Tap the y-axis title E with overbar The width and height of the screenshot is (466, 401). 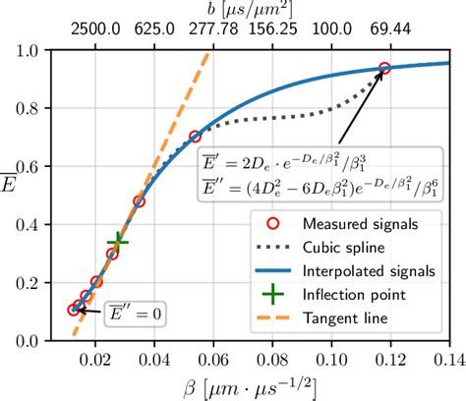[x=12, y=195]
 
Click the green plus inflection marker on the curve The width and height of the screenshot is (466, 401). [x=118, y=240]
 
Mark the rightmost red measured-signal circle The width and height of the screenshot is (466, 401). [x=384, y=68]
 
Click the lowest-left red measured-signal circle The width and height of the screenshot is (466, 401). [x=74, y=310]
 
